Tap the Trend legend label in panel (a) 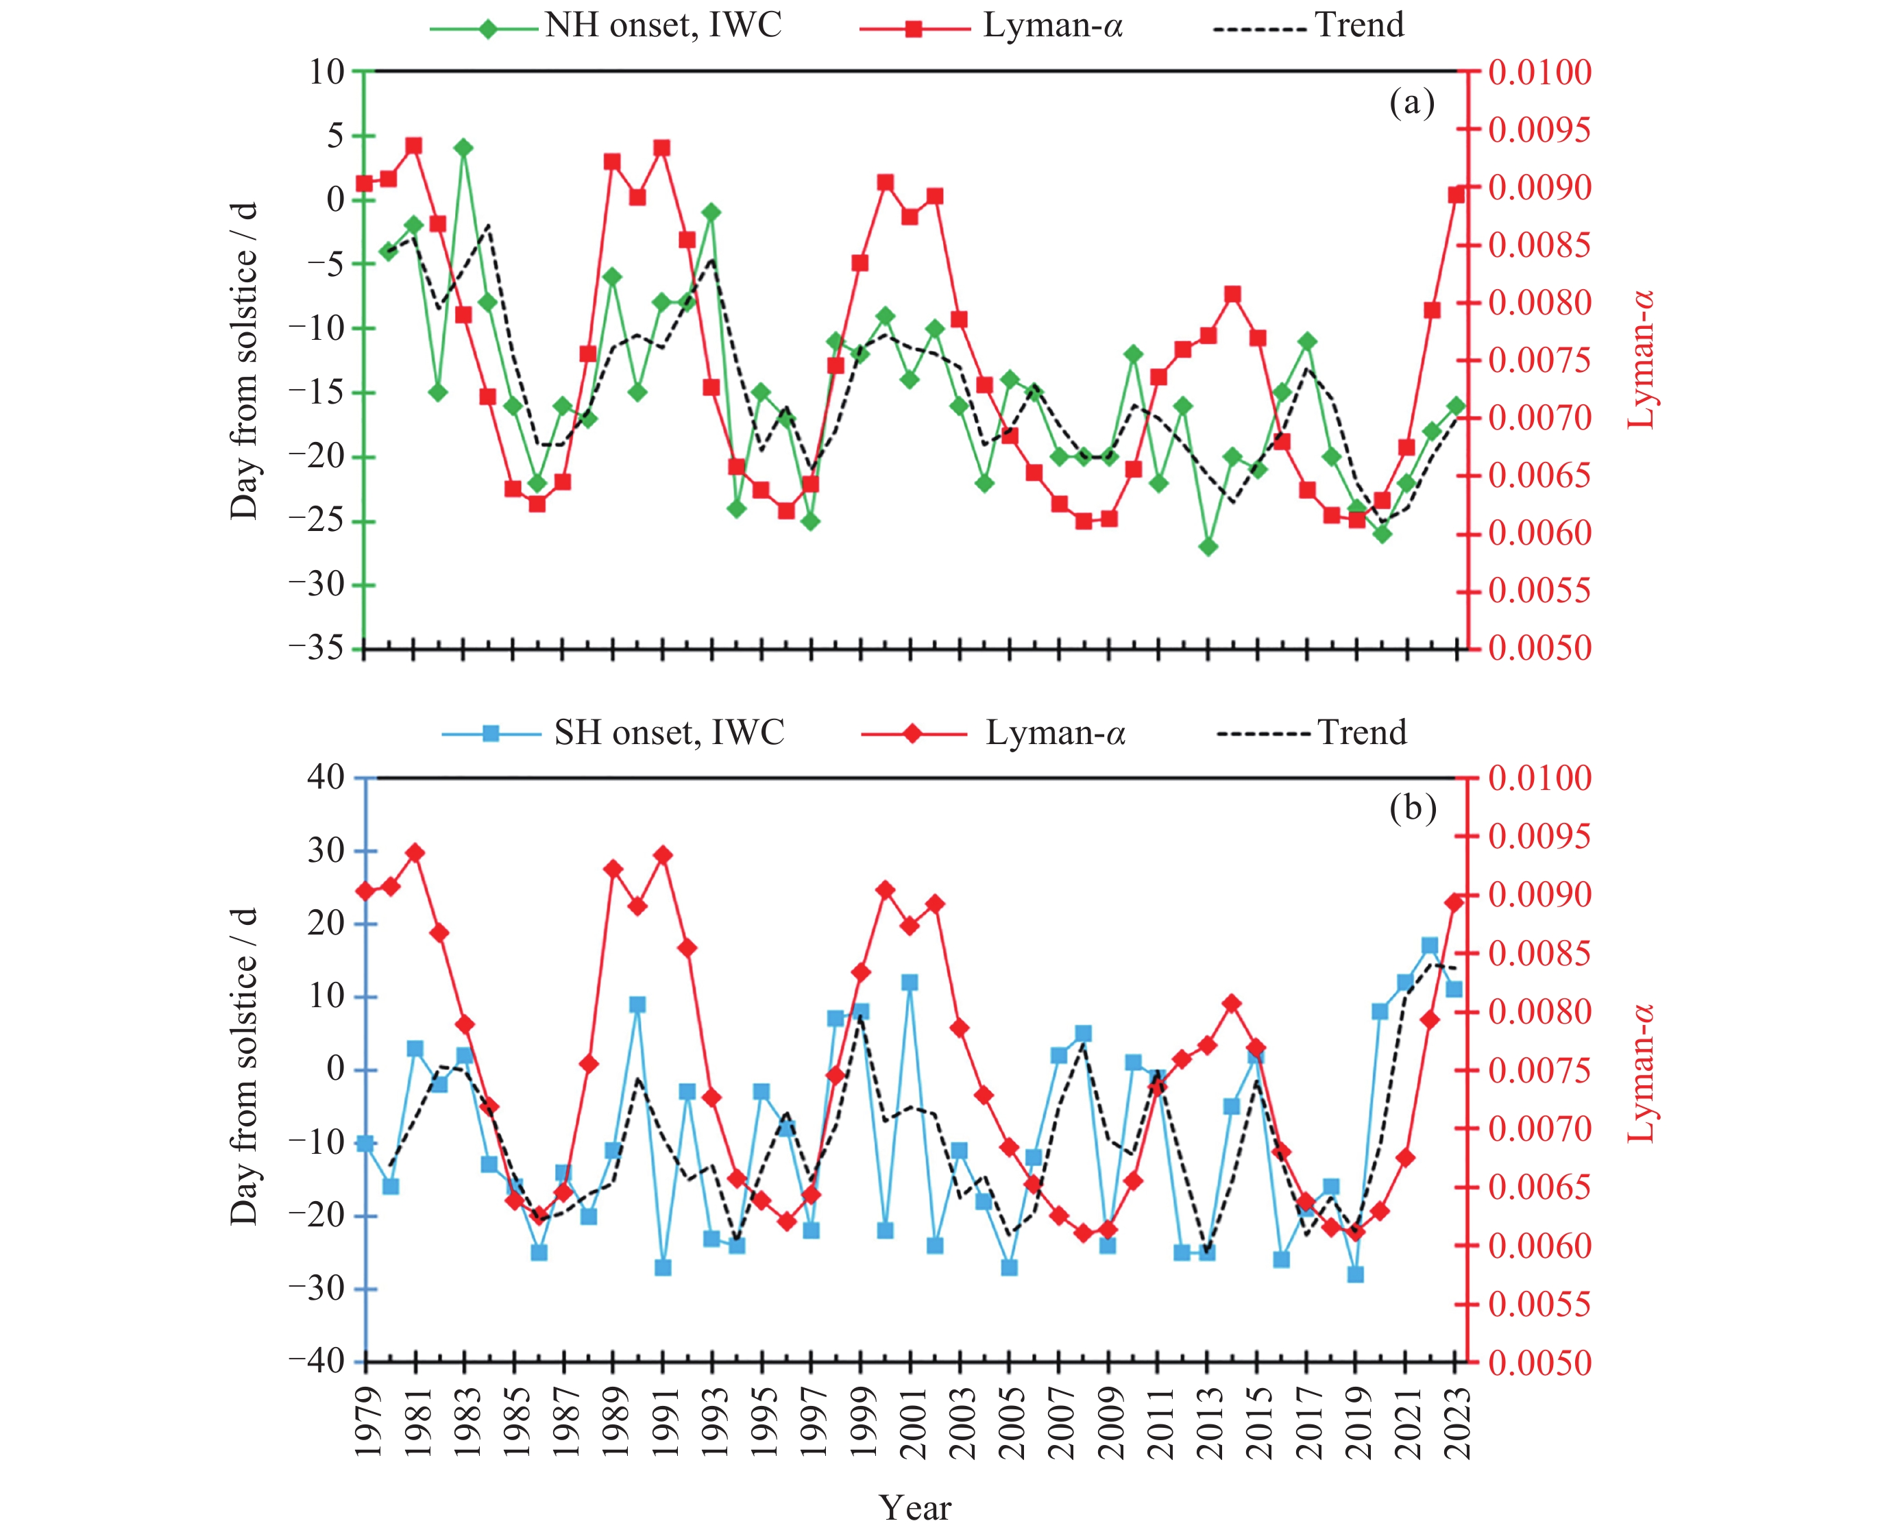point(1358,25)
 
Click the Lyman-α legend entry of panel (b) point(1055,733)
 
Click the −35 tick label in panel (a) point(316,650)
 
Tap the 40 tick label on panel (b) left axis point(325,778)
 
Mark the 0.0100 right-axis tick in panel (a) point(1540,73)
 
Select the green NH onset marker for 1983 point(463,147)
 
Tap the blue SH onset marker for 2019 point(1356,1274)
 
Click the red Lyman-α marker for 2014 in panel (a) point(1233,295)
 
